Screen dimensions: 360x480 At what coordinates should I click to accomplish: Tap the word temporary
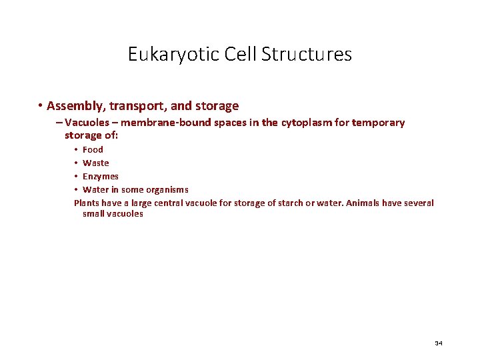[x=377, y=123]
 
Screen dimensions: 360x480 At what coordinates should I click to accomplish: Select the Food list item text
[x=93, y=149]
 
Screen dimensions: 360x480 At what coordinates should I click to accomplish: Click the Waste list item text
[x=95, y=163]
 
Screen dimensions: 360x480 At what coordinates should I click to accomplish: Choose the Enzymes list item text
[x=100, y=176]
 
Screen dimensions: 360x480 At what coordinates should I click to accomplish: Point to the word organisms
[x=167, y=189]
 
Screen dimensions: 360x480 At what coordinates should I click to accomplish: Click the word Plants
[x=87, y=203]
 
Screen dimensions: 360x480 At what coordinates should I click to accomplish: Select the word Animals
[x=363, y=203]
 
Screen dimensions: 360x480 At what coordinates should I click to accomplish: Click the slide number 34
[x=438, y=343]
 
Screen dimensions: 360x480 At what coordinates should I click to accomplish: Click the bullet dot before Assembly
[x=41, y=106]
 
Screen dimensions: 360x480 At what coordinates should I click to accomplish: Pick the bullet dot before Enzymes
[x=76, y=176]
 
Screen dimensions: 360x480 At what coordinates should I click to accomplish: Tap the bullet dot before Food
[x=76, y=149]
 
